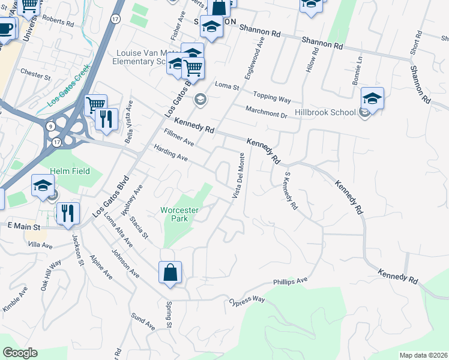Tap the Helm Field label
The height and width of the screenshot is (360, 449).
pyautogui.click(x=70, y=171)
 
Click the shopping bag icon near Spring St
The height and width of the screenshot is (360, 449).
pyautogui.click(x=170, y=272)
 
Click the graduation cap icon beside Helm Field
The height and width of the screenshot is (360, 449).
pyautogui.click(x=43, y=186)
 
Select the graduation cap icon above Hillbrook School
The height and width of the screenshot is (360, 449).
pyautogui.click(x=372, y=99)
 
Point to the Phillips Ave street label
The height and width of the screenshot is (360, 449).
pyautogui.click(x=291, y=280)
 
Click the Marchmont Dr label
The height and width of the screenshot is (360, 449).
pyautogui.click(x=267, y=111)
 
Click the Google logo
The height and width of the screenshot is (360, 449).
pyautogui.click(x=20, y=353)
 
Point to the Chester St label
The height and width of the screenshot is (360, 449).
pyautogui.click(x=35, y=75)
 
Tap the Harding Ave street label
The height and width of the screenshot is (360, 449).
pyautogui.click(x=171, y=154)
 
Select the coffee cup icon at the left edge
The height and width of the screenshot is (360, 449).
pyautogui.click(x=5, y=28)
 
